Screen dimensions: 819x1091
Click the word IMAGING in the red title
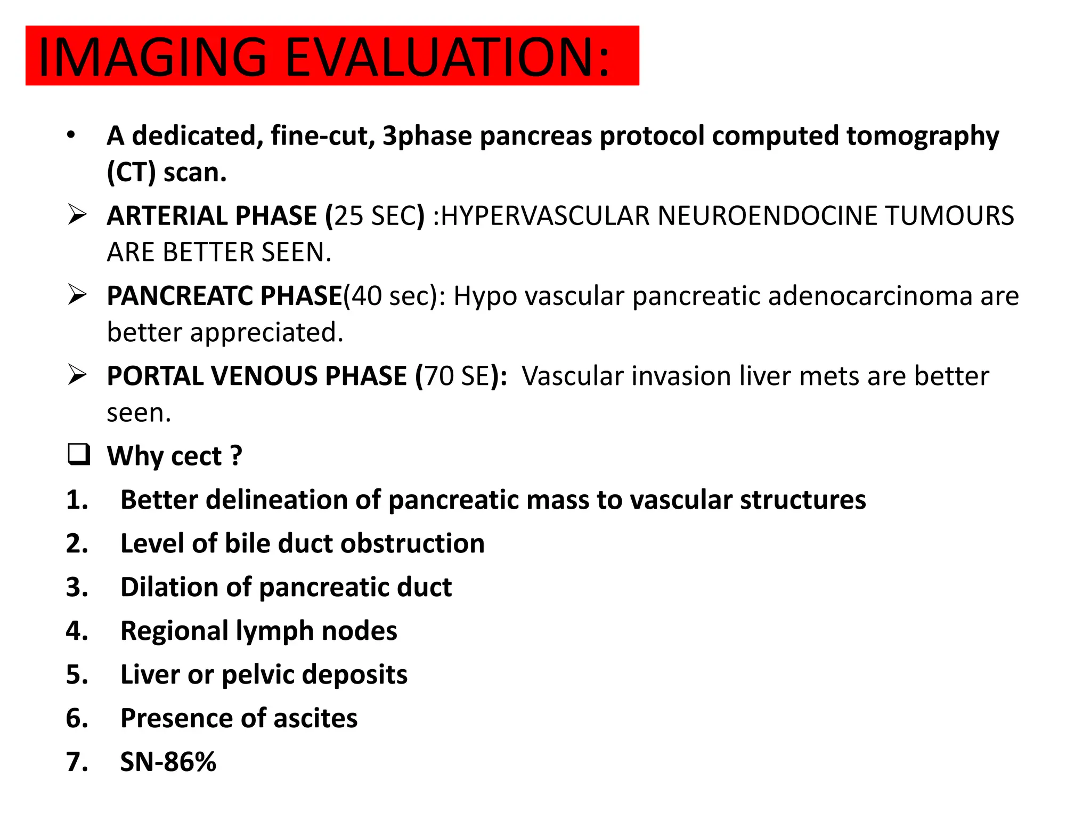point(152,57)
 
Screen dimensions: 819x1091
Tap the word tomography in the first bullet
point(923,136)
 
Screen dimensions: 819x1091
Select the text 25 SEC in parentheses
point(375,216)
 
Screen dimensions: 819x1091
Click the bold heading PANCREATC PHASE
point(224,296)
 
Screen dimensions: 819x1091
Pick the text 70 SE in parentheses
point(457,376)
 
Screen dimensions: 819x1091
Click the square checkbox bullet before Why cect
point(79,455)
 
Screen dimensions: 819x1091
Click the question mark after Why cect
point(236,456)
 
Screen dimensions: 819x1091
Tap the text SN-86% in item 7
point(168,762)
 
